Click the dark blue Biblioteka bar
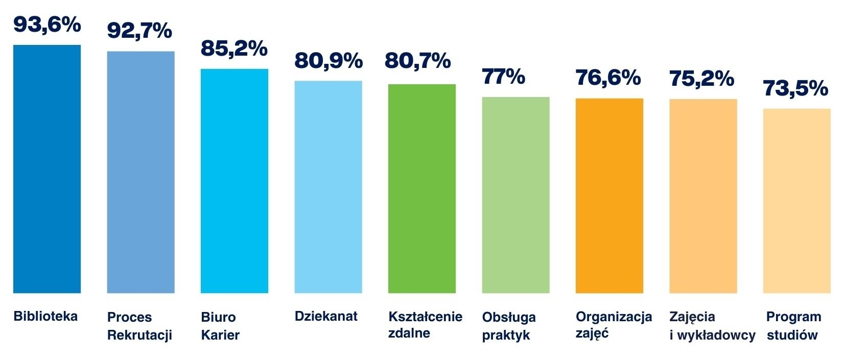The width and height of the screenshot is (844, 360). point(47,169)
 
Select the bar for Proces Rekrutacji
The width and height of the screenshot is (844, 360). point(140,172)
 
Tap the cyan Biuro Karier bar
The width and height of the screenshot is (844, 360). point(235,181)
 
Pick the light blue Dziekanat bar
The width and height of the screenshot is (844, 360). point(328,187)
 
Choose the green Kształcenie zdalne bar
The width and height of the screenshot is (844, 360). point(422,188)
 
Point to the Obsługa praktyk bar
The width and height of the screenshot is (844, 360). point(515,195)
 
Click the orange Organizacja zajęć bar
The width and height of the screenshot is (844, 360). point(609,196)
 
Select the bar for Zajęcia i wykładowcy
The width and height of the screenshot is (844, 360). point(703,196)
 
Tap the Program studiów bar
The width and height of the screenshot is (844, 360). point(796,201)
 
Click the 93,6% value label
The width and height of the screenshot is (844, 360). point(47,24)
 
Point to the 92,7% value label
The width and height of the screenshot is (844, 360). point(139,31)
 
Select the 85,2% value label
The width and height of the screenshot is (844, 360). point(234,48)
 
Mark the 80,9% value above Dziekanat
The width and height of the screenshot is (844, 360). point(329,61)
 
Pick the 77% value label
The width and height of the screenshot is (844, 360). point(503,77)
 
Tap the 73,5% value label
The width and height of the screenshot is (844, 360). point(795,88)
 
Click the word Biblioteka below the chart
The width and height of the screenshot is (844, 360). point(45,316)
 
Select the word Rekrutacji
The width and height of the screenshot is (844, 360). point(139,335)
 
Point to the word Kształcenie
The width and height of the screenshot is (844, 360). point(425,317)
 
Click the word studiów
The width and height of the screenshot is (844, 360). point(792,335)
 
